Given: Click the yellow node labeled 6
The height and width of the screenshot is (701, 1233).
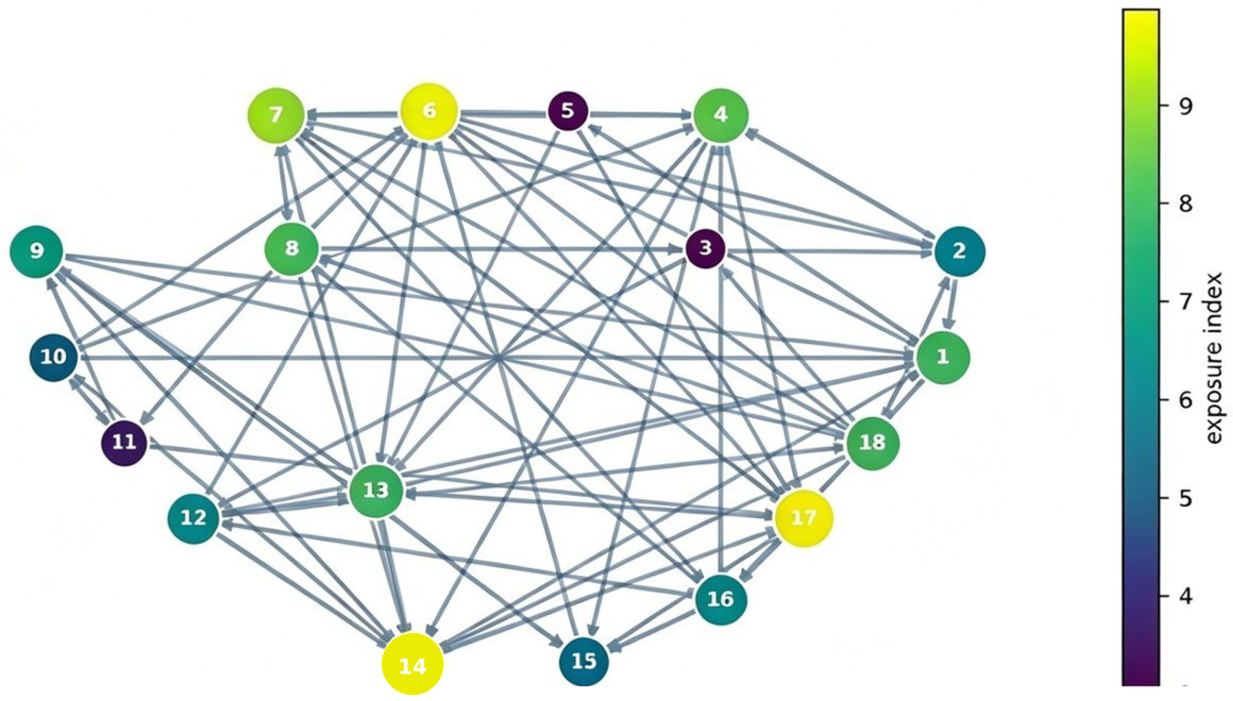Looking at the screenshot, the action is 429,112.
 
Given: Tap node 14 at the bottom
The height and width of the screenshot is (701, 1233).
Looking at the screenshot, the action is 413,664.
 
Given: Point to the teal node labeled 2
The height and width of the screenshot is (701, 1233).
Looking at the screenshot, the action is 960,251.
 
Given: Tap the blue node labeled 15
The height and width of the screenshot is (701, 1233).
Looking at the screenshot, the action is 584,661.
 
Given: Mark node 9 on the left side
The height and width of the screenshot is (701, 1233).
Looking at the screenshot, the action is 36,251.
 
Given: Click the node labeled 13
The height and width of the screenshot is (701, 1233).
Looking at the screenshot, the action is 375,491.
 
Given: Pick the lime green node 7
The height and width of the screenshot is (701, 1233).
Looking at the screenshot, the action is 276,116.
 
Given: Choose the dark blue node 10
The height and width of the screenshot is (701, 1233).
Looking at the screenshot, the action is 54,357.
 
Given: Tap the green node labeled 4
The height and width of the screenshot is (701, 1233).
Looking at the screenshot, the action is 720,116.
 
